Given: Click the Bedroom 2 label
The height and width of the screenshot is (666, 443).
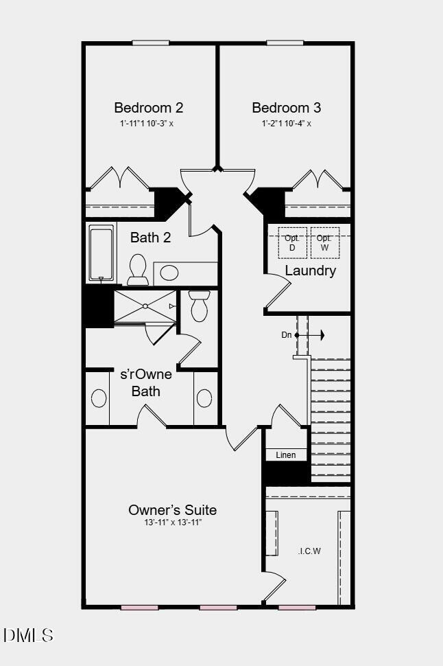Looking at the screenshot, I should [x=148, y=108].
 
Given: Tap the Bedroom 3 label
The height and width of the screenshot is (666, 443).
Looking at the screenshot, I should [x=286, y=108].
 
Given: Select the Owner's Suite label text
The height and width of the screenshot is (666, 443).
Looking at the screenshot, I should [x=173, y=510].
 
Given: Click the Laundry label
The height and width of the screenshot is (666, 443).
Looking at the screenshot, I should [x=310, y=271].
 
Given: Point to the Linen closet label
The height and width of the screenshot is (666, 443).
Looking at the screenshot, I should [x=286, y=455].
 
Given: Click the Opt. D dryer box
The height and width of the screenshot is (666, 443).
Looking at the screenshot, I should [x=291, y=242].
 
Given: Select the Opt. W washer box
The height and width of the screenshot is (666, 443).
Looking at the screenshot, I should [x=324, y=242].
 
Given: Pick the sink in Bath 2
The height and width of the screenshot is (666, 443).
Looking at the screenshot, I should [x=169, y=273].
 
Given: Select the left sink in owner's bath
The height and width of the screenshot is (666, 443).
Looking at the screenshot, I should [x=99, y=398].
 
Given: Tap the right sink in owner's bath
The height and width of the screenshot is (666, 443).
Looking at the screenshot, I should [x=204, y=398].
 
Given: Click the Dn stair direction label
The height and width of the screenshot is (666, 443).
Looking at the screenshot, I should [x=287, y=335].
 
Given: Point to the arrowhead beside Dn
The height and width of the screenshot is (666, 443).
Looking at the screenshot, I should [x=321, y=335].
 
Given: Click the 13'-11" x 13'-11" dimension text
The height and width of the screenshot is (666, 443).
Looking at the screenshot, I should [x=173, y=523].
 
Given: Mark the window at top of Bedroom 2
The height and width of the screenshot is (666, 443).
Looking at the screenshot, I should [x=151, y=43].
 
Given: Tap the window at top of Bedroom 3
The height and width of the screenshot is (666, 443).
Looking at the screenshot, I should [x=285, y=43].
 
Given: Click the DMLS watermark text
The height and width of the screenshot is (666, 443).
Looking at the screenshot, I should [x=28, y=635].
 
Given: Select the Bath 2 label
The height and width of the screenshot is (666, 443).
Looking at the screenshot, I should [x=151, y=238].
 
